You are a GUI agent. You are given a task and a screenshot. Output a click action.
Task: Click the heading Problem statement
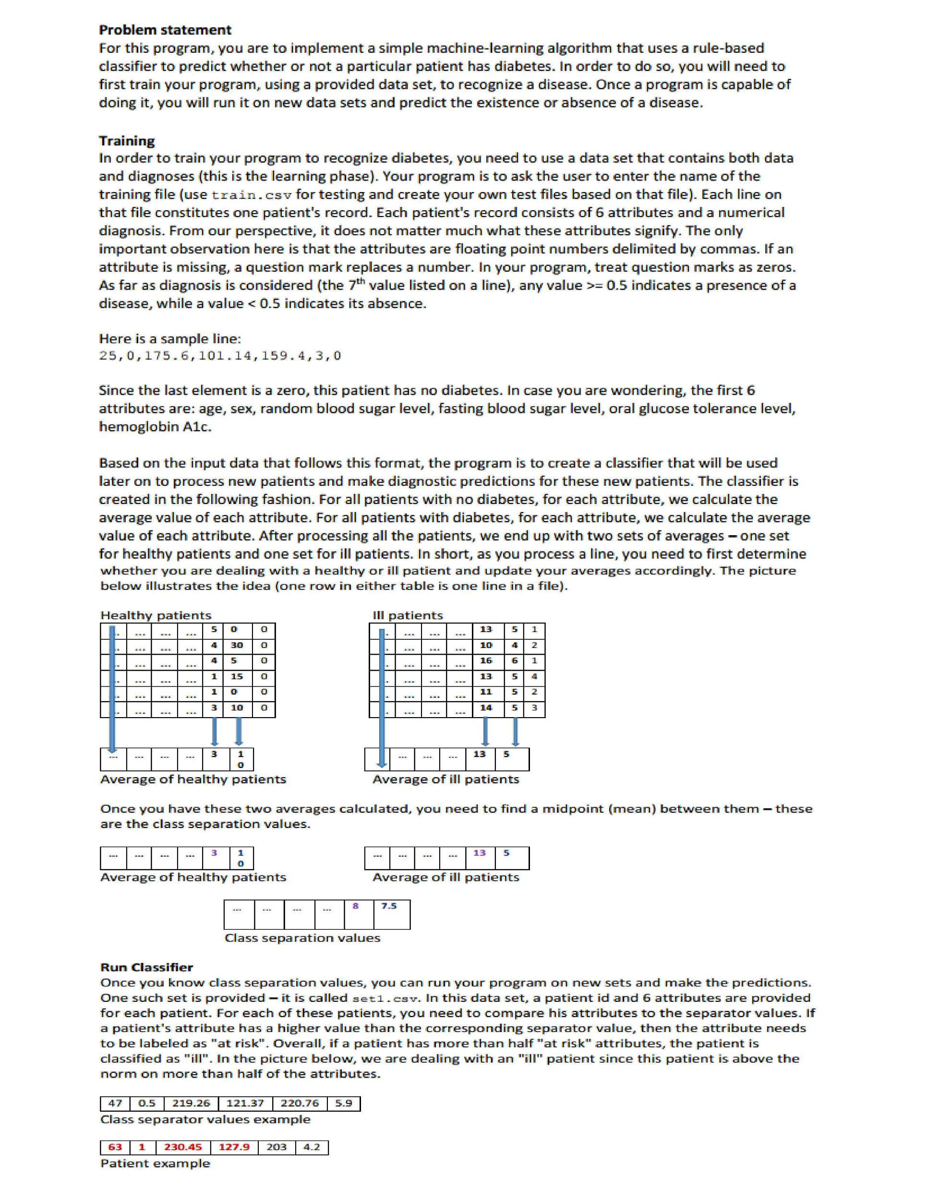coord(165,30)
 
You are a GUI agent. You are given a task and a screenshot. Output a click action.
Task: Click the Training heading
coord(126,141)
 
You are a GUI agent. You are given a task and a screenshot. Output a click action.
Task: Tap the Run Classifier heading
coord(147,967)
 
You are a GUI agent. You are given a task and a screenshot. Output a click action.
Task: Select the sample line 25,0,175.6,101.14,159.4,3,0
coord(220,356)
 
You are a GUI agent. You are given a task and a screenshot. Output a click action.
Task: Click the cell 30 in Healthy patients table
coord(236,645)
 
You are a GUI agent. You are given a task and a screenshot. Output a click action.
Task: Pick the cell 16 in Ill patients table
coord(486,660)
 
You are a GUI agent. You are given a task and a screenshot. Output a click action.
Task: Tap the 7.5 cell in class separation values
coord(389,906)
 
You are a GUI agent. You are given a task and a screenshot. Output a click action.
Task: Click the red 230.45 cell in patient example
coord(183,1147)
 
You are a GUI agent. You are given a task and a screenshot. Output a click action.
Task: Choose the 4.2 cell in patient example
coord(312,1147)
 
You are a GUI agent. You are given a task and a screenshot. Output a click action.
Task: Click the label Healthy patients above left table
coord(156,615)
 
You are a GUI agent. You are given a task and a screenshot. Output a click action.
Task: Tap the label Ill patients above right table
coord(407,615)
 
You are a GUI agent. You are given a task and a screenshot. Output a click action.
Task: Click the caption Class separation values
coord(302,938)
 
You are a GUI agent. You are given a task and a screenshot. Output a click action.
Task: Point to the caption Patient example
coord(155,1163)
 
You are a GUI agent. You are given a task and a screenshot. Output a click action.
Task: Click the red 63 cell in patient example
coord(115,1147)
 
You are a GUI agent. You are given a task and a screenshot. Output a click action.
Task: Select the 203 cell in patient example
coord(277,1147)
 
